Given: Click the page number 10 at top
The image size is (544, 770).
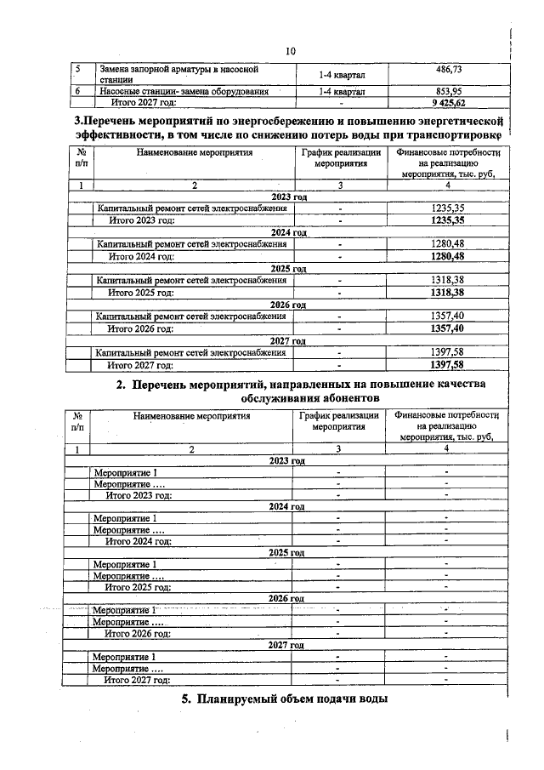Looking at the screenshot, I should click(x=290, y=51).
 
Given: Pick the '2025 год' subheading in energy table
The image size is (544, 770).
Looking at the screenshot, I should click(x=287, y=268).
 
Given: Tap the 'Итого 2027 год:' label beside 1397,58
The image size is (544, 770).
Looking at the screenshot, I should click(x=140, y=365).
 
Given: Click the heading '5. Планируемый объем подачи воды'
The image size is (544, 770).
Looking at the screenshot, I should click(x=285, y=700).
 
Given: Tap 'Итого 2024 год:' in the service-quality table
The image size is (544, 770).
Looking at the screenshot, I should click(x=138, y=540).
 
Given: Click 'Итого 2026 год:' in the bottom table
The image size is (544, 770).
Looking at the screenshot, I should click(x=138, y=633).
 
